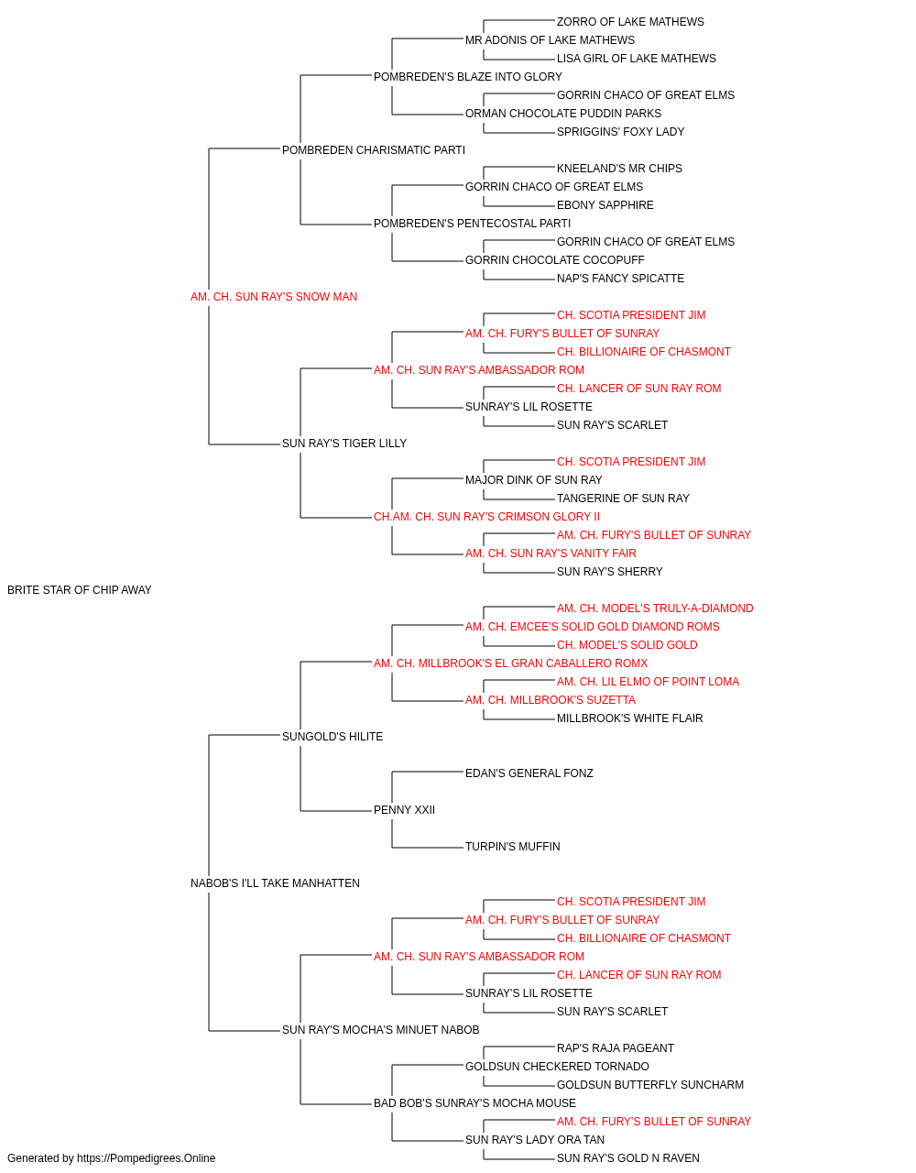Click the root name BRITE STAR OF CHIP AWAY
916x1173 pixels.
(80, 590)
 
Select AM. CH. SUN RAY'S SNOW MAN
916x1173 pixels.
(274, 297)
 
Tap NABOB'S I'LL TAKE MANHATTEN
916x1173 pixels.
(275, 883)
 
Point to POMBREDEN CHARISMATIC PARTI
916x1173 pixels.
(374, 150)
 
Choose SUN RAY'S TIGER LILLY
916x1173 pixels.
(344, 444)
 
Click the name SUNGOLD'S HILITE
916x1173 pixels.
(333, 737)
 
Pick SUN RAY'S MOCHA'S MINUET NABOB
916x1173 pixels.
(380, 1030)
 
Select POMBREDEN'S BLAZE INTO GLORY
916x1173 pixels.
(468, 77)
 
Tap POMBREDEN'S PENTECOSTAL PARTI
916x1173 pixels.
(472, 224)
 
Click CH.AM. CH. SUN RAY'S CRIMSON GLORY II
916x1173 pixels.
(486, 517)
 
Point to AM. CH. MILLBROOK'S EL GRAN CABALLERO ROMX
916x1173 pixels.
(510, 663)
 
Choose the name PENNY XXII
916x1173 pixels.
(404, 810)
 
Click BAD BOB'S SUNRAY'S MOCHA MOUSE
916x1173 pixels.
(474, 1103)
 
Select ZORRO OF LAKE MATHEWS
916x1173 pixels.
(630, 22)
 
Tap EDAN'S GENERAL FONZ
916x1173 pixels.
(529, 773)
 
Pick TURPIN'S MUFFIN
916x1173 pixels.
(512, 847)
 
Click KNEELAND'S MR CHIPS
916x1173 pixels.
(619, 169)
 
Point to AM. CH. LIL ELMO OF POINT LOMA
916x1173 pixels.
(648, 682)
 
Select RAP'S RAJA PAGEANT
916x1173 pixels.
(615, 1048)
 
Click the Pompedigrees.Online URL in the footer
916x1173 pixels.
(147, 1158)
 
